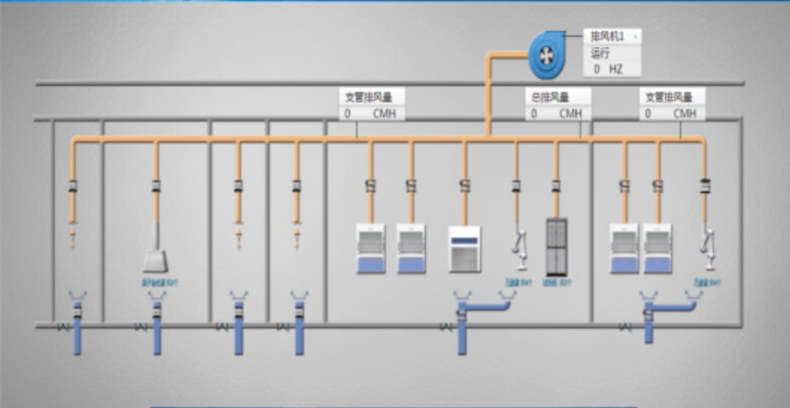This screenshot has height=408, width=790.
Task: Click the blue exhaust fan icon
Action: (x=546, y=55)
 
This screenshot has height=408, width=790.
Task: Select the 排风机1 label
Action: (x=608, y=37)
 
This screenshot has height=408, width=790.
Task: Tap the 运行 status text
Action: (x=601, y=53)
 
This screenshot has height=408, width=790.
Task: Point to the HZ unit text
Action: (x=616, y=69)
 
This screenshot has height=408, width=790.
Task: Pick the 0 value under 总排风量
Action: (x=534, y=113)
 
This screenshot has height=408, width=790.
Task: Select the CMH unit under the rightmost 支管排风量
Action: (x=684, y=113)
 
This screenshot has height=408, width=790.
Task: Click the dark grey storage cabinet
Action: (x=557, y=247)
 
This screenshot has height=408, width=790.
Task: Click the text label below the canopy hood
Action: (x=160, y=283)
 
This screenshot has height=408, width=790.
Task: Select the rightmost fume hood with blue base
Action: (x=658, y=248)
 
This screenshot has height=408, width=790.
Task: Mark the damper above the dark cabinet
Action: (x=556, y=186)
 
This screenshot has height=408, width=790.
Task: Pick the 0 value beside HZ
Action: (x=597, y=69)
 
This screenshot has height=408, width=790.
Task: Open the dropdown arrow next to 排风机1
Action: (x=635, y=37)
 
